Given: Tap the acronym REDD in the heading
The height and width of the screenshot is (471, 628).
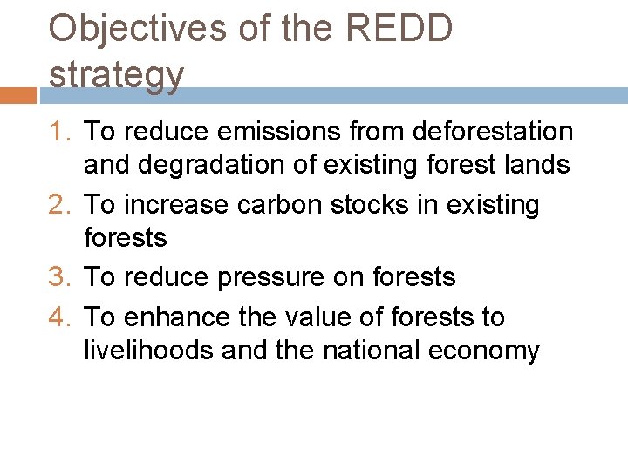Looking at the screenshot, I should click(399, 29).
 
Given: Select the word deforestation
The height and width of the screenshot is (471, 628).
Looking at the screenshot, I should click(492, 132).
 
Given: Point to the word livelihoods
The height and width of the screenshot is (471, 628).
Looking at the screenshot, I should click(148, 351).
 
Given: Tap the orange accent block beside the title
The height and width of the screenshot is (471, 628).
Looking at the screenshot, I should click(17, 95).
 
